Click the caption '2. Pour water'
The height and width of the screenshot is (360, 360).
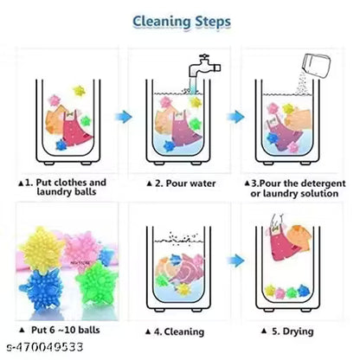coord(184,183)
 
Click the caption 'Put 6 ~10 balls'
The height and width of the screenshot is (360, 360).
coord(61,331)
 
